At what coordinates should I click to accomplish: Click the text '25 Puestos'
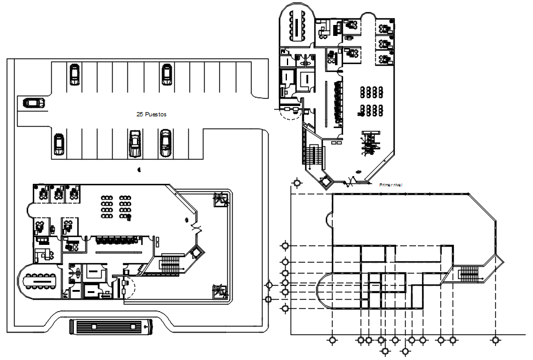click(x=152, y=114)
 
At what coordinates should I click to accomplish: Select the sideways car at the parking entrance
click(x=34, y=102)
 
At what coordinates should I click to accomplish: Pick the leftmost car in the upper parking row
click(x=74, y=74)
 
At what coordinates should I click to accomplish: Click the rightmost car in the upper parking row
click(x=166, y=74)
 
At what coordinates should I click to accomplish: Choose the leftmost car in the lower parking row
click(x=58, y=144)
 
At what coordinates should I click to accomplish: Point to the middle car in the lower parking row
click(x=135, y=144)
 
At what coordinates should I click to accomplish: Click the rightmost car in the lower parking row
click(x=165, y=144)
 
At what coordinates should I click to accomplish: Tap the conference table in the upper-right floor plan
click(x=298, y=24)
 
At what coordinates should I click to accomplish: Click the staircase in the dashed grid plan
click(x=469, y=273)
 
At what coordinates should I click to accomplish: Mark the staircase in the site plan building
click(x=170, y=263)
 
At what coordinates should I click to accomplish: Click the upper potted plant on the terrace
click(x=219, y=199)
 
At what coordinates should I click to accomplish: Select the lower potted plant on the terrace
click(x=218, y=291)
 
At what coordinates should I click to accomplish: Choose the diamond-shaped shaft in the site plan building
click(x=196, y=253)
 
